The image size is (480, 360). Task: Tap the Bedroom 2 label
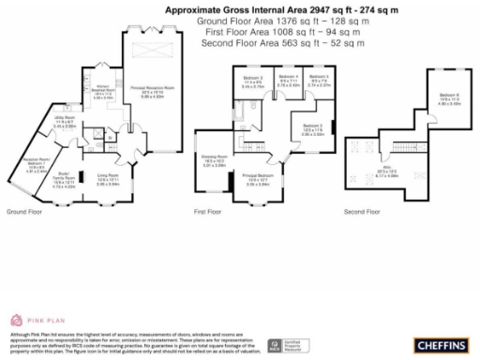click(312, 127)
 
